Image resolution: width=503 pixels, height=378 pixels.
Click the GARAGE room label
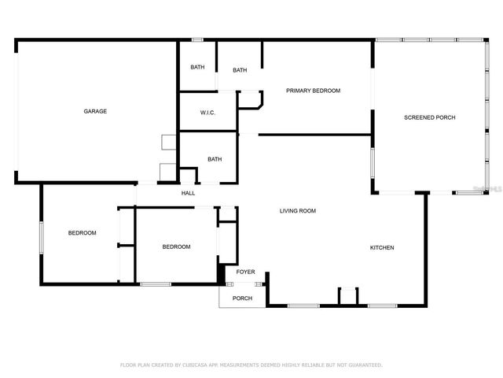click(95, 111)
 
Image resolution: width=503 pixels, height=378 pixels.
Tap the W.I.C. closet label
click(207, 113)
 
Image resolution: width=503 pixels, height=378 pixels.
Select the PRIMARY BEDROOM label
click(313, 91)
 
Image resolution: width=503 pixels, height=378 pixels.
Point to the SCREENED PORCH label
click(429, 117)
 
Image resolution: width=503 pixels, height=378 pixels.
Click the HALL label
click(189, 193)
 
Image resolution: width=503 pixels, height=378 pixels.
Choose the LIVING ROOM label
click(298, 210)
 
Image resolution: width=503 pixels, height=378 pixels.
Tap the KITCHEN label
click(382, 248)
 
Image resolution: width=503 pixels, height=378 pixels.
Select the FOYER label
click(245, 272)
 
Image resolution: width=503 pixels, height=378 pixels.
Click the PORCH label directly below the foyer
click(242, 298)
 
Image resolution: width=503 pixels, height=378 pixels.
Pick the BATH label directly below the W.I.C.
click(215, 159)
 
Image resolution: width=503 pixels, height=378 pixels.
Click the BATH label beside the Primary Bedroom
click(240, 70)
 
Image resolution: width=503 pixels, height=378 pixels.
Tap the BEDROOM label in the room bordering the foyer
click(176, 246)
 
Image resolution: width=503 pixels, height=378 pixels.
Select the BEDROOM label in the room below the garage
click(82, 232)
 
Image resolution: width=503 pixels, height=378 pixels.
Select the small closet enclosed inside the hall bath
click(189, 176)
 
